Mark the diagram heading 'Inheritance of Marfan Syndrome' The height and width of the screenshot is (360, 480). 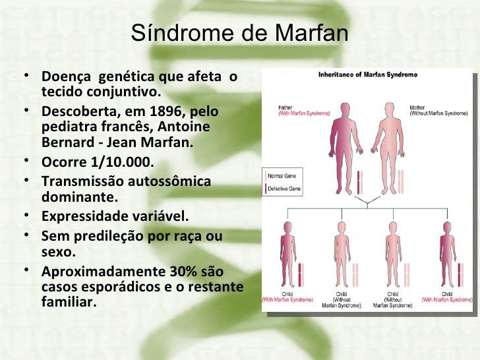[x=368, y=75]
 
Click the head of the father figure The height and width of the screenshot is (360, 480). [x=343, y=105]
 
